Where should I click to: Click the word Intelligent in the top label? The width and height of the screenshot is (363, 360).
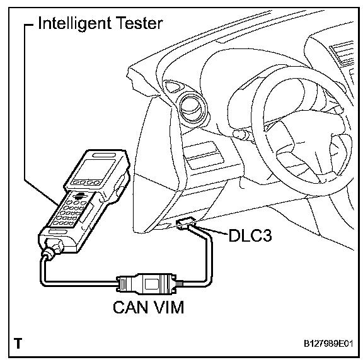74,23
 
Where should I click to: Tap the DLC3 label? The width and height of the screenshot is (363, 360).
250,235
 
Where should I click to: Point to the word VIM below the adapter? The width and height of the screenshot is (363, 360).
168,307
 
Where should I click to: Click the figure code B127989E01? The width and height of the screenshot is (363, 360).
328,344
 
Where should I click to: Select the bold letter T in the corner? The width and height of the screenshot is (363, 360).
18,344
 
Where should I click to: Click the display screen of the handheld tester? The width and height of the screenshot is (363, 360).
95,169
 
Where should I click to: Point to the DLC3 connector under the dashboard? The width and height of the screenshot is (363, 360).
186,223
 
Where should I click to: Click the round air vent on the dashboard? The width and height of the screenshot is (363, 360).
193,108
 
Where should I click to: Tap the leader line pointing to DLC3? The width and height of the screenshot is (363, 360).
212,231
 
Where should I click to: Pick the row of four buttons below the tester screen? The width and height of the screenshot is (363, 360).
86,183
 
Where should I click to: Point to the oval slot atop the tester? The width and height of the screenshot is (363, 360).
104,155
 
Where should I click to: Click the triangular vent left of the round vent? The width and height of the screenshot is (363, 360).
173,87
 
